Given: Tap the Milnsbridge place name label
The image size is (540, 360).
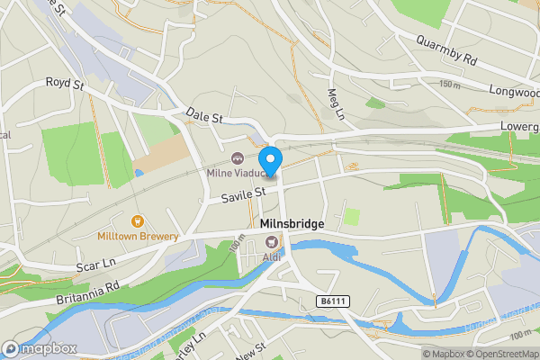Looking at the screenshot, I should pos(291,224).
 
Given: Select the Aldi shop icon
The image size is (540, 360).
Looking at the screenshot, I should pos(271,240).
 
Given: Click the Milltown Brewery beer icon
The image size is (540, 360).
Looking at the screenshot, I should pos(138,220).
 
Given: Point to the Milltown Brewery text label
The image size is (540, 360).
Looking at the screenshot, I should pos(138,237).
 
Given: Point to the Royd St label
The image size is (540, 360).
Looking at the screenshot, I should pos(64,83).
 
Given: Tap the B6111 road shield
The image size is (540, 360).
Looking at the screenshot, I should pos(333,301).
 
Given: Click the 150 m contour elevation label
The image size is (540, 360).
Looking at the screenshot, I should pos(449,84).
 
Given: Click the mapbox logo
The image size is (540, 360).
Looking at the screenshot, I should pos(40,348).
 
